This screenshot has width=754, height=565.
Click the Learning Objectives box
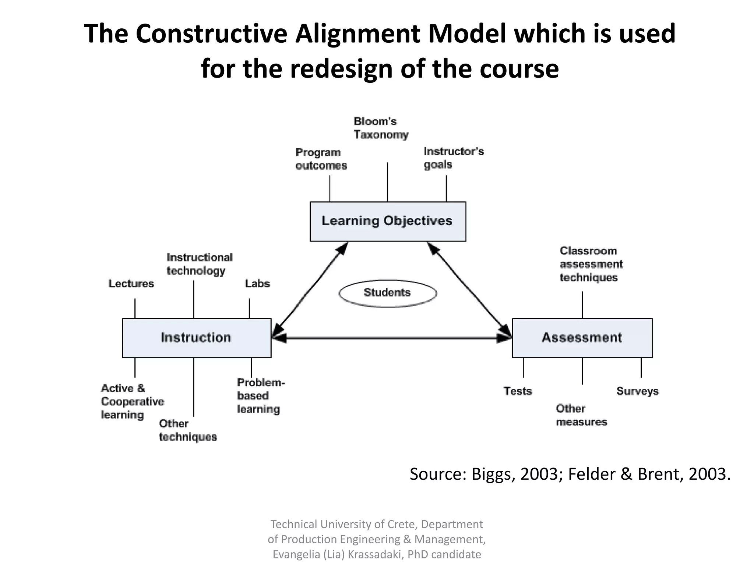click(x=388, y=221)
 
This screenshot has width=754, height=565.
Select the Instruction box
click(x=197, y=338)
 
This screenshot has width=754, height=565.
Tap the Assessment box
click(x=582, y=338)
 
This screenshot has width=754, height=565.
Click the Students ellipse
click(x=387, y=293)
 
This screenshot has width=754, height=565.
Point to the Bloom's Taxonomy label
click(x=381, y=128)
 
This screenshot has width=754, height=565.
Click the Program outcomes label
click(x=321, y=159)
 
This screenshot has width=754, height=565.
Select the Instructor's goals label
click(x=454, y=158)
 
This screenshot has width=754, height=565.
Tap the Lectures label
click(x=131, y=284)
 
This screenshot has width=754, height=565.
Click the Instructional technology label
click(x=200, y=264)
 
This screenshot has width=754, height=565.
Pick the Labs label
click(x=257, y=284)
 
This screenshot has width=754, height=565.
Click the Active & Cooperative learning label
click(x=132, y=401)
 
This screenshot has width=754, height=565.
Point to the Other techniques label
click(x=188, y=430)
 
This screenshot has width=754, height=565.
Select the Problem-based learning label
click(x=261, y=396)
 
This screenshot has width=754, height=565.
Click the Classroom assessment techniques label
click(x=591, y=264)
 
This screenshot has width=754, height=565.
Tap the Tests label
click(x=518, y=391)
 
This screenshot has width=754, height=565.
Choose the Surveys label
click(x=637, y=391)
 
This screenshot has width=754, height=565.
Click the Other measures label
click(x=581, y=415)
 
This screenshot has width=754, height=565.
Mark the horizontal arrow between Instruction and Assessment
click(x=391, y=338)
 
